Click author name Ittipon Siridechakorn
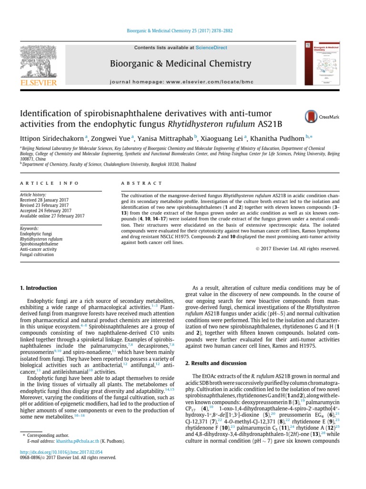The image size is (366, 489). pos(51,138)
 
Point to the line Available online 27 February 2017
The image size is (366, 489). pos(52,216)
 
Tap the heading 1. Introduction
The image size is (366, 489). pos(38,288)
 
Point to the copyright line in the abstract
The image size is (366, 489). pos(298,248)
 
